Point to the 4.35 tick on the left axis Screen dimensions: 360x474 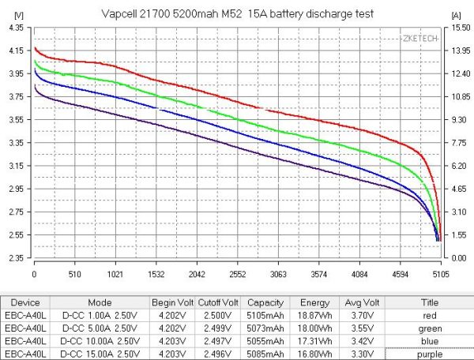17,28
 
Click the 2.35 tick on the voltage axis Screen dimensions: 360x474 17,258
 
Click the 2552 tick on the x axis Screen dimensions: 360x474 237,275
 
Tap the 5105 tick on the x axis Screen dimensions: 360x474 439,275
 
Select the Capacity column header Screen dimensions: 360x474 265,302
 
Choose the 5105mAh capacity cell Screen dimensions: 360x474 265,316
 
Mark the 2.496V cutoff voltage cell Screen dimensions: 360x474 217,354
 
